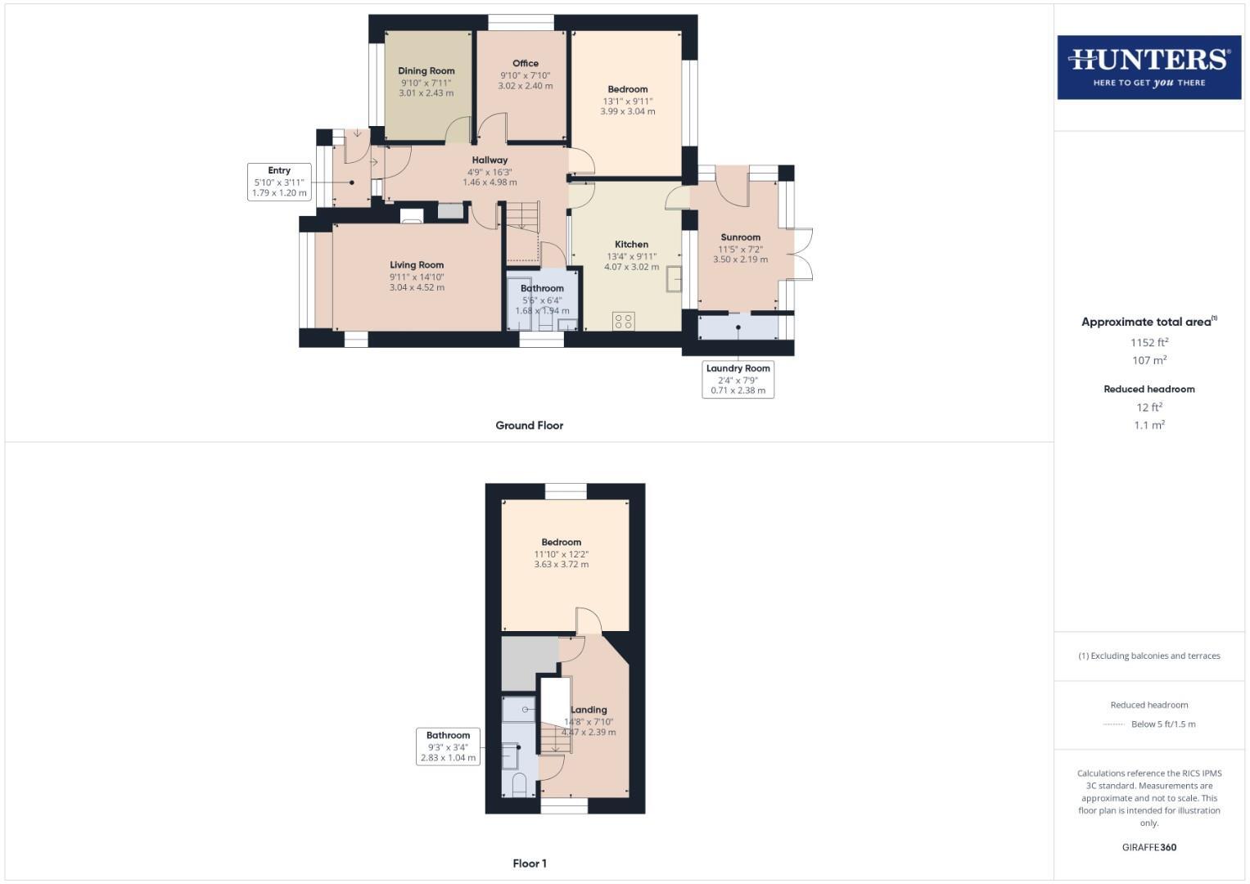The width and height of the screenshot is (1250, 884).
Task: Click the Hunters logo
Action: coord(1148,67)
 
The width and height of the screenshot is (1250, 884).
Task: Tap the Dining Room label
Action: coord(426,71)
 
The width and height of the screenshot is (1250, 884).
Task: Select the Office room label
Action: coord(526,64)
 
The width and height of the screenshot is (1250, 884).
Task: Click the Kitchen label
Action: coord(631,245)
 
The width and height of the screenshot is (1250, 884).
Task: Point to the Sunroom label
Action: coord(740,237)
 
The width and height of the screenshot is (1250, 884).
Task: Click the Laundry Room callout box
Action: coord(738,379)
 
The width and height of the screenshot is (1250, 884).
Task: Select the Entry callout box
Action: coord(279,182)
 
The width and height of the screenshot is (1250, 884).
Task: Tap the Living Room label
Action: coord(417,265)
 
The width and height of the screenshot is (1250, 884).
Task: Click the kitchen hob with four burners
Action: coord(623,321)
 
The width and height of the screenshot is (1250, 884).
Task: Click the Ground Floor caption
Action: coord(529,426)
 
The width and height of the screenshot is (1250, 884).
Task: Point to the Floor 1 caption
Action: coord(530,864)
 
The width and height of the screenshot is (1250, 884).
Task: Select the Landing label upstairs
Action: coord(589,710)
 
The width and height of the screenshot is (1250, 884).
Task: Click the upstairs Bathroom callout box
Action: coord(448,746)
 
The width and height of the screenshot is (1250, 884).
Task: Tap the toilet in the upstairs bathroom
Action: coord(519,786)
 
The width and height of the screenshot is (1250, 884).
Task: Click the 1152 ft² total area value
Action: coord(1148,342)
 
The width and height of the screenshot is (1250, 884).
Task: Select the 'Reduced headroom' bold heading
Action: coord(1148,389)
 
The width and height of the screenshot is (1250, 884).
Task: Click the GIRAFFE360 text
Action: coord(1148,847)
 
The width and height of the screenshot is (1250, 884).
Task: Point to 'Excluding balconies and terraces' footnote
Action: coord(1148,656)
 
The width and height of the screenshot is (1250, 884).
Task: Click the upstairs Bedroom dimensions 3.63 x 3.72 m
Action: coord(561,565)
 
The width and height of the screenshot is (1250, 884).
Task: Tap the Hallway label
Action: coord(490,160)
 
